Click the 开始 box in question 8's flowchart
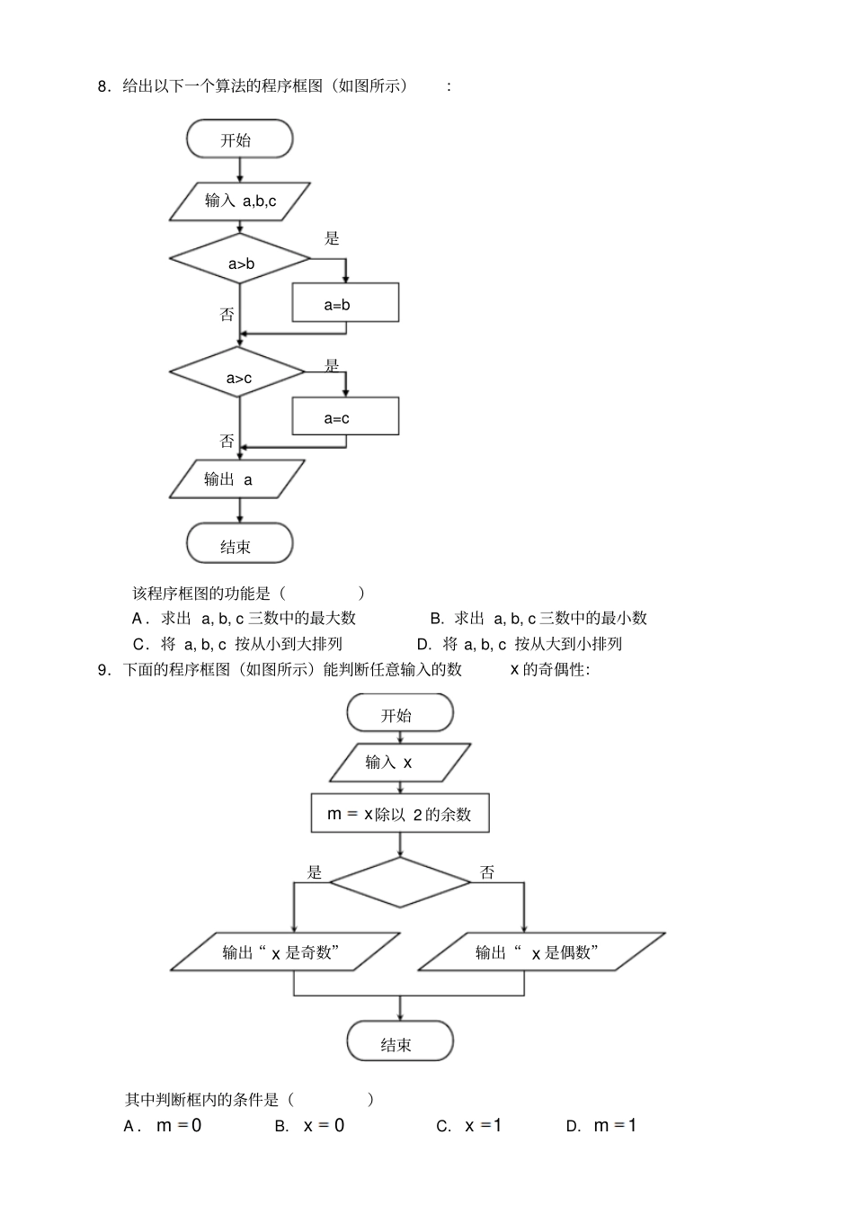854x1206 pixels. pos(239,139)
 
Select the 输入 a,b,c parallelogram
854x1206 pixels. pos(240,201)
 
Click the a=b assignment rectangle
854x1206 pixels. pos(345,303)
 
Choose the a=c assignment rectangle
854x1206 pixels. pos(345,416)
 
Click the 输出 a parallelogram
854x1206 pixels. pos(237,479)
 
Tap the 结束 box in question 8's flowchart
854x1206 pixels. pos(239,544)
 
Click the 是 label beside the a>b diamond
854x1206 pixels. pos(332,238)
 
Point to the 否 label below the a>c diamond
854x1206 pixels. pos(227,441)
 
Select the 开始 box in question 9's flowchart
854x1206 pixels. pos(400,714)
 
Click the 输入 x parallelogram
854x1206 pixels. pos(400,763)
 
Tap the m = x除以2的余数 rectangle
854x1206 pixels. pos(400,814)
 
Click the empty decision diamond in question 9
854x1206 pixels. pos(400,882)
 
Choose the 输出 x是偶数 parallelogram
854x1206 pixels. pos(542,952)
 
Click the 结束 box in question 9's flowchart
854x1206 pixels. pos(400,1043)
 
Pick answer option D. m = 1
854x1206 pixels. pos(602,1126)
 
